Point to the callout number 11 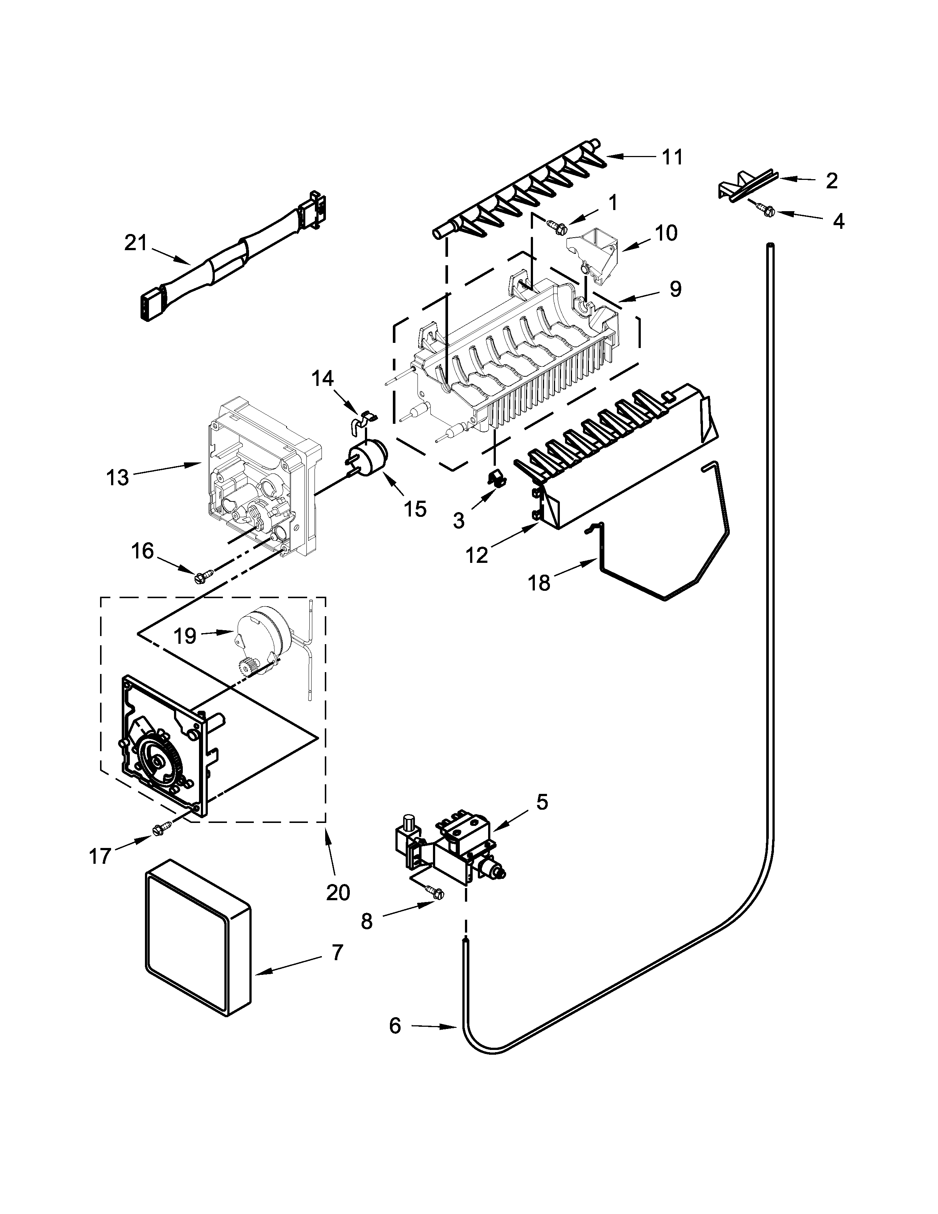pos(672,157)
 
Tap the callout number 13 pos(117,477)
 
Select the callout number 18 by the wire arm pos(539,583)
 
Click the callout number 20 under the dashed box pos(338,892)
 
